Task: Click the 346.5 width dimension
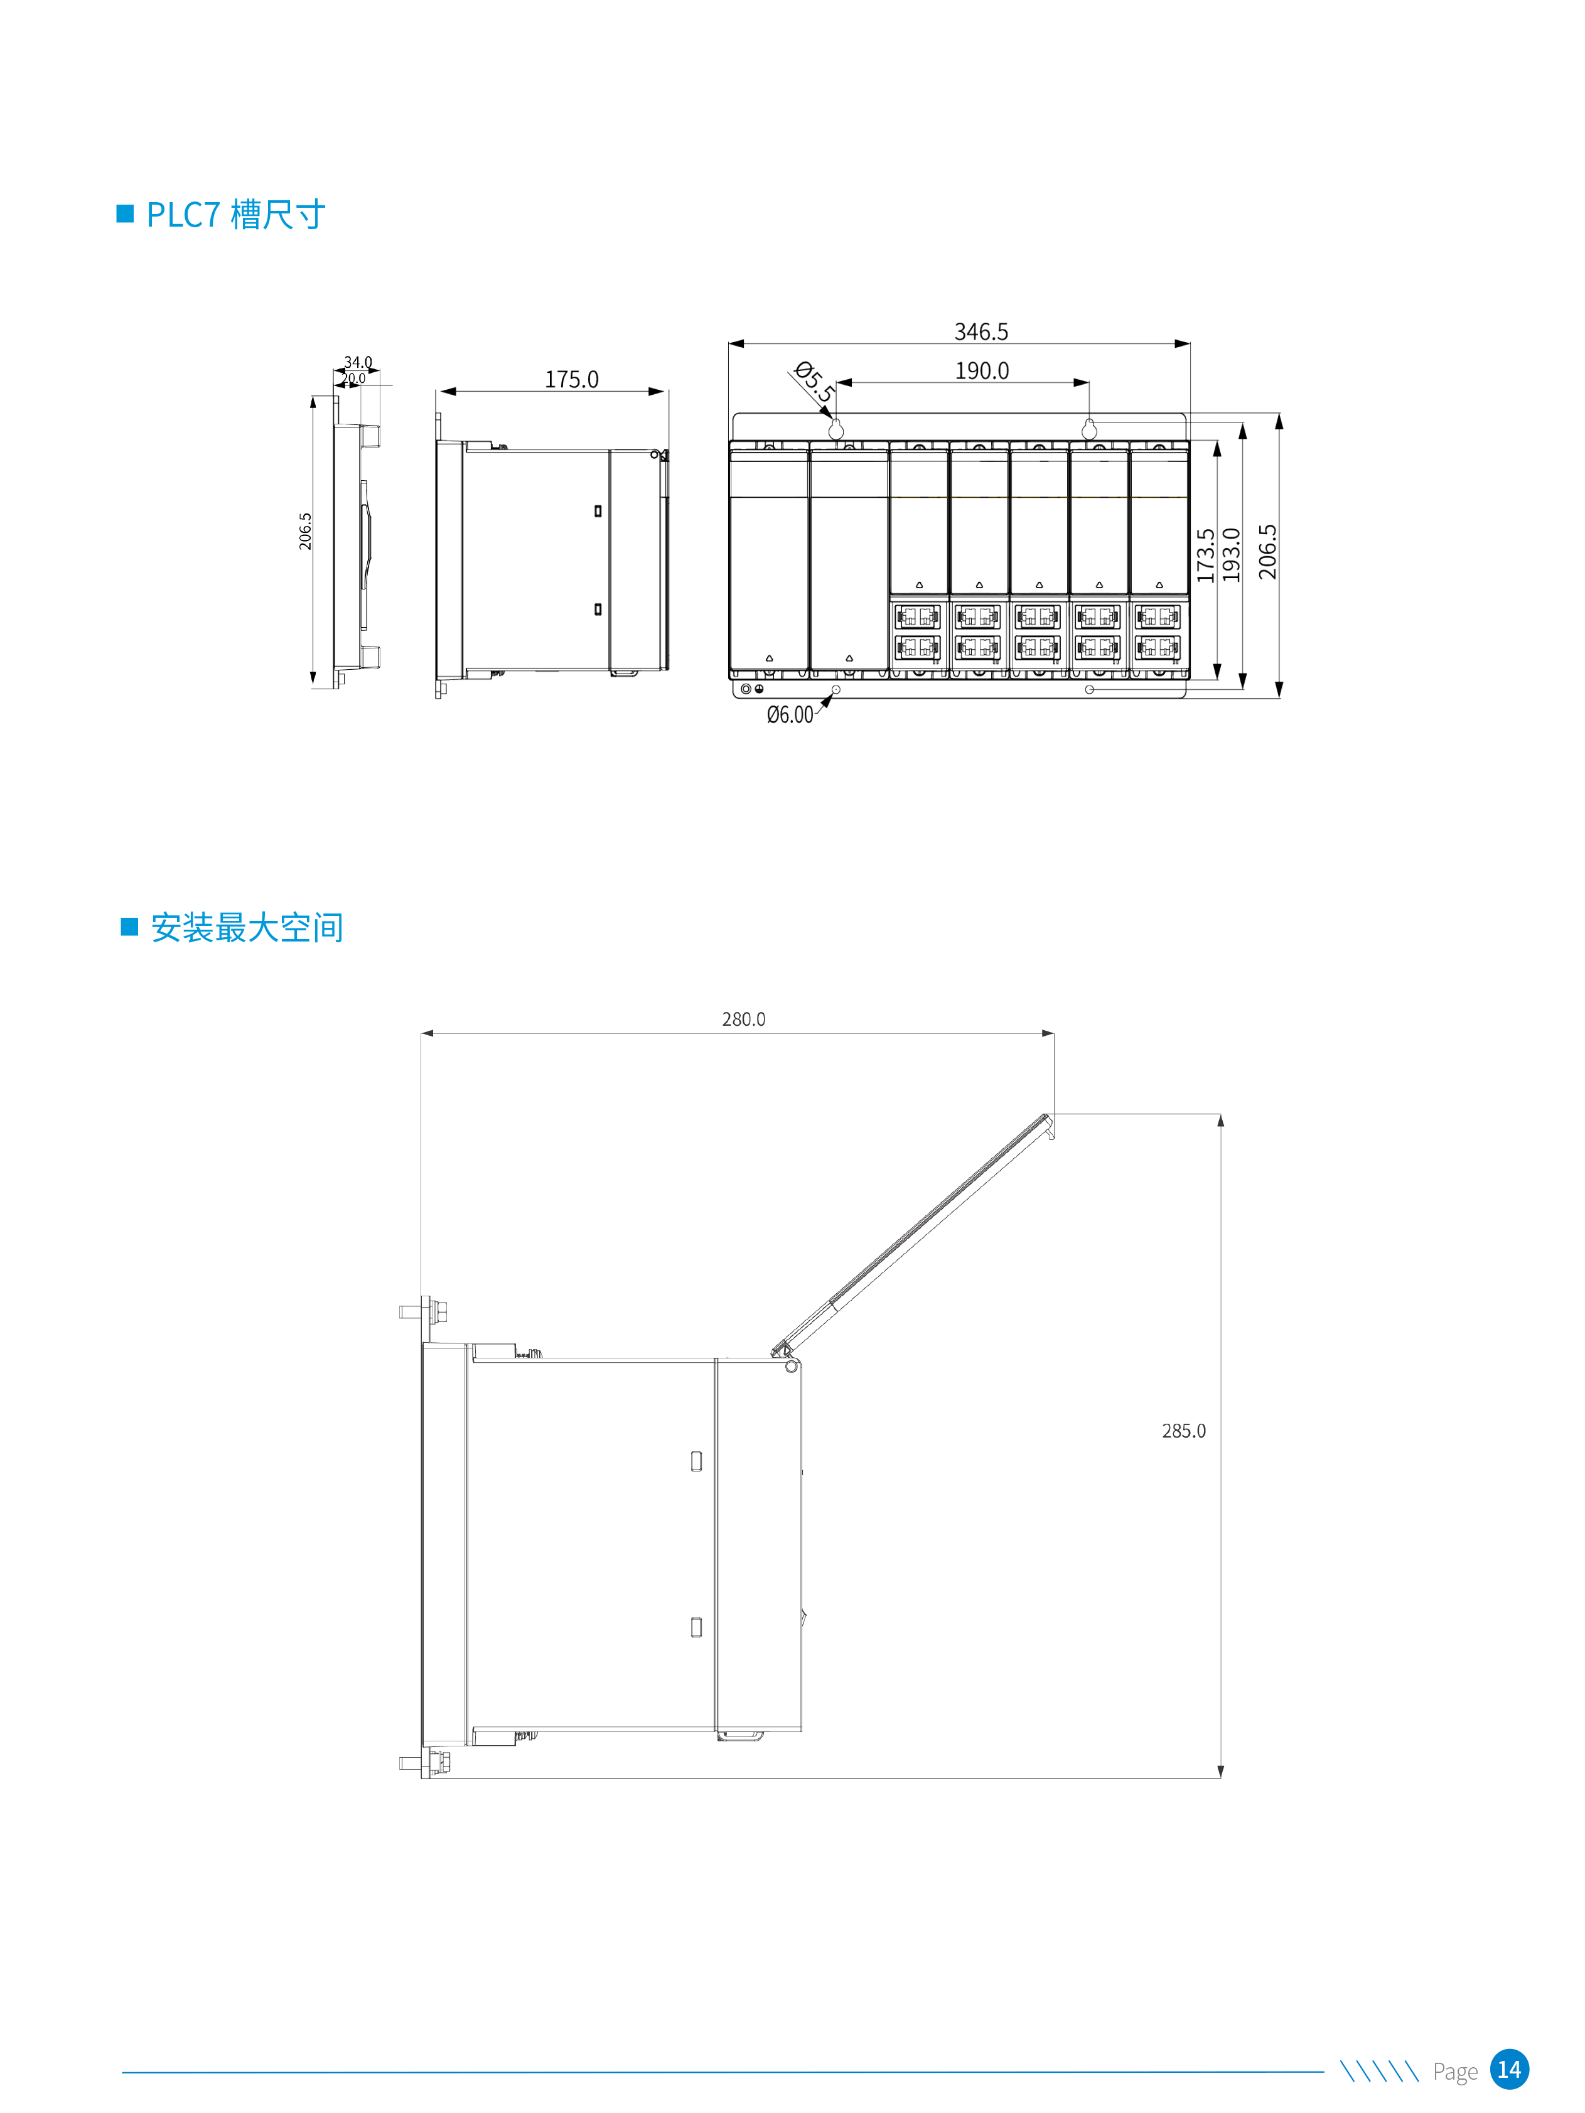pos(981,331)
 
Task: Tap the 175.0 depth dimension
pos(571,379)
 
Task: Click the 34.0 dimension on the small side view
pos(358,362)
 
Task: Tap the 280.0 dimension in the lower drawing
pos(743,1019)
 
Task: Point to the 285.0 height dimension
pos(1184,1431)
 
